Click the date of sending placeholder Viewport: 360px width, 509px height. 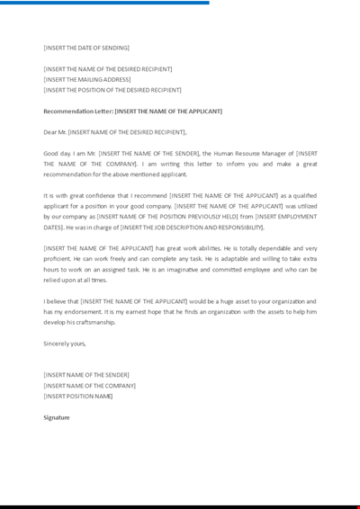pos(86,48)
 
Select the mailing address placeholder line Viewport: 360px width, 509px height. pos(87,79)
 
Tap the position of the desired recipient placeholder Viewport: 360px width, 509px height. pos(112,90)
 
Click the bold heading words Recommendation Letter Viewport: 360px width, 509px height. pos(77,112)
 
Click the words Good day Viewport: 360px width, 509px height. pos(57,154)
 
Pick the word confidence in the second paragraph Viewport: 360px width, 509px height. pos(84,195)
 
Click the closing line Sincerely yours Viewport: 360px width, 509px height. pos(65,344)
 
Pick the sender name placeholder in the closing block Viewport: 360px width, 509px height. pos(86,374)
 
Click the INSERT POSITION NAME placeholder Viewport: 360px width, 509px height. pos(78,396)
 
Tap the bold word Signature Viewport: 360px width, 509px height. pos(57,417)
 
